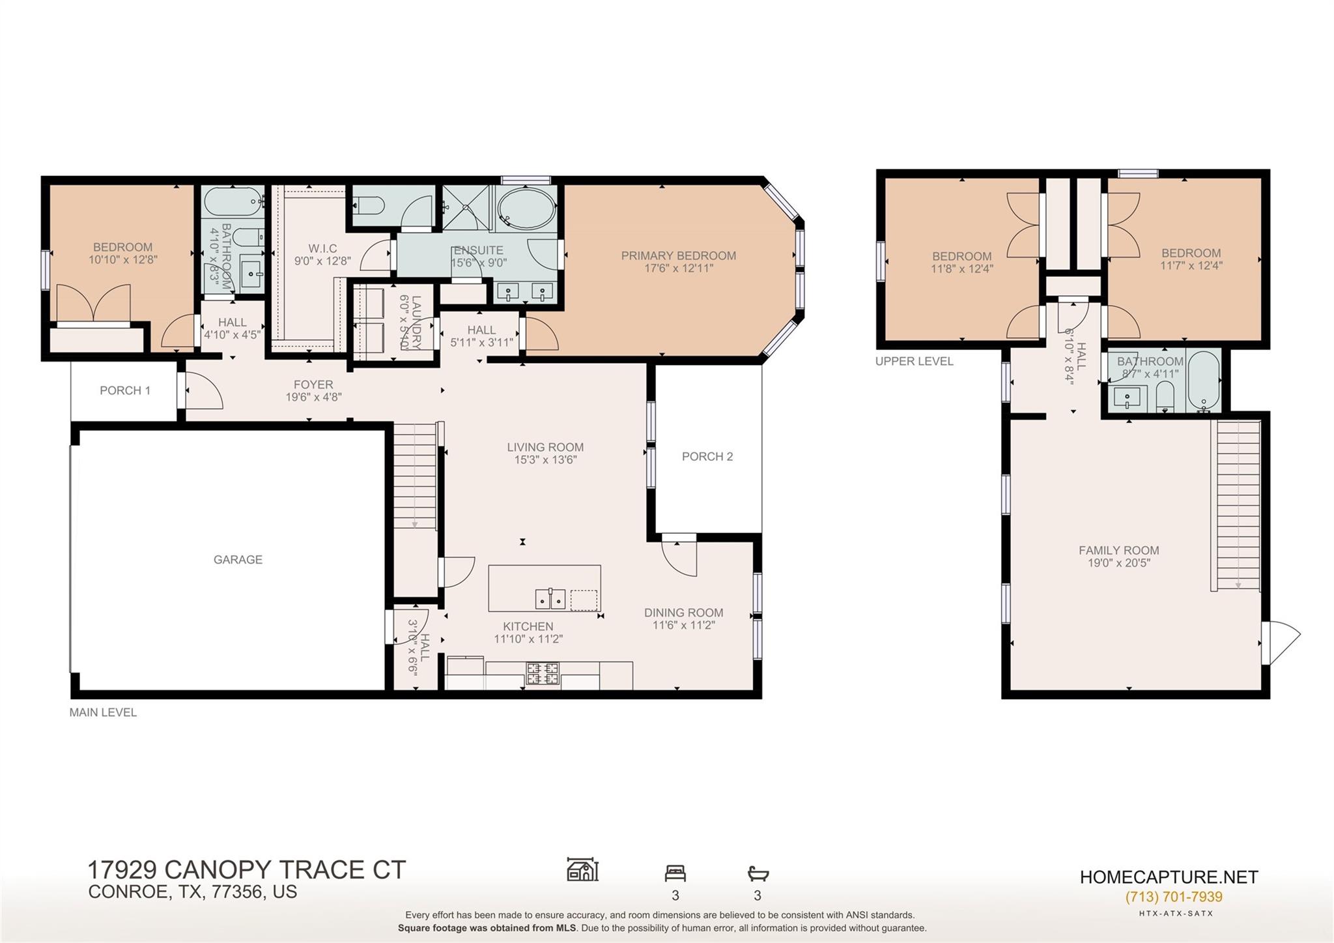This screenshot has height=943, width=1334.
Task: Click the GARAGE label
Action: (238, 559)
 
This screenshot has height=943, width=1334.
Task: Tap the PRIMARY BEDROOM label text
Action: (678, 255)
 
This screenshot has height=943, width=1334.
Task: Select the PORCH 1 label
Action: (124, 390)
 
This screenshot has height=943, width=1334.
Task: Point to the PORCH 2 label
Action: (707, 456)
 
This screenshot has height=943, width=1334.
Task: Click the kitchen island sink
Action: (550, 598)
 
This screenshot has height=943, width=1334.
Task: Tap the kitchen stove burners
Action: (543, 673)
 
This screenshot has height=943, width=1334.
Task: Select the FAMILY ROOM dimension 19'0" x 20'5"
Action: (1118, 563)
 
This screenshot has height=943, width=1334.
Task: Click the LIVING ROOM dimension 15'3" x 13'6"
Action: (545, 459)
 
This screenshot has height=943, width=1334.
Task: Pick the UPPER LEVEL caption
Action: (914, 361)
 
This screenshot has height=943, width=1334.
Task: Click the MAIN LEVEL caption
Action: (103, 712)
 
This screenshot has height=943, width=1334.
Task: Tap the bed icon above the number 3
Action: (675, 873)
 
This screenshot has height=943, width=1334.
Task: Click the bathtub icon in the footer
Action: (758, 873)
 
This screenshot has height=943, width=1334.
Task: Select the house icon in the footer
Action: (582, 870)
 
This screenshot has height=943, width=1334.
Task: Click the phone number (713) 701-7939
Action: (1173, 897)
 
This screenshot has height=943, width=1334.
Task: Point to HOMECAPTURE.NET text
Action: (1169, 877)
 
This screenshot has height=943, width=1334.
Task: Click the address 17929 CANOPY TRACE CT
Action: (246, 870)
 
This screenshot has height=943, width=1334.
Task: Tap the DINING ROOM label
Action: (683, 613)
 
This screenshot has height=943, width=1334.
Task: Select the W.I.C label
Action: (322, 248)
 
